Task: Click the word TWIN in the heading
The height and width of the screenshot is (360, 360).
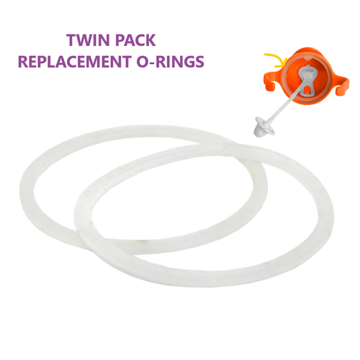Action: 88,40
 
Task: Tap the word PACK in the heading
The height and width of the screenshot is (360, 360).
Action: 135,40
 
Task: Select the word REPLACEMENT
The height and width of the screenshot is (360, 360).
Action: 74,61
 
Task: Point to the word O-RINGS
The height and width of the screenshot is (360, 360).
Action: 170,61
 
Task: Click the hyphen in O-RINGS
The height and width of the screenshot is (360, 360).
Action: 151,63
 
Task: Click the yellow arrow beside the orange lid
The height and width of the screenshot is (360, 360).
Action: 275,60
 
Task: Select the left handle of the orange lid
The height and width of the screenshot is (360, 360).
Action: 270,81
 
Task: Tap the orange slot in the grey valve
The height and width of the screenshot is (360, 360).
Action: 307,90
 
